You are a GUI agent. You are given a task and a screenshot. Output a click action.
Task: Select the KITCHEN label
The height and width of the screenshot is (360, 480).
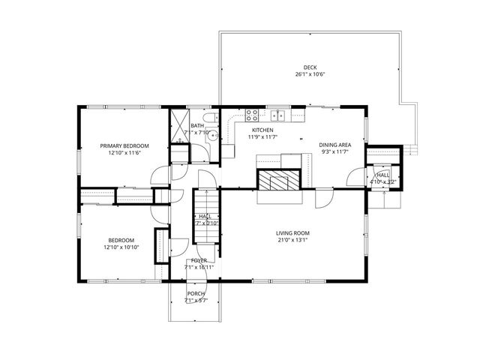[263, 129]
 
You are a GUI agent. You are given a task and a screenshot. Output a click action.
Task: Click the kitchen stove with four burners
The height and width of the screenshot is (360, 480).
[253, 115]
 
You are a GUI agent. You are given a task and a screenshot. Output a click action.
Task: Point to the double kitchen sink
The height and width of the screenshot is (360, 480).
[279, 115]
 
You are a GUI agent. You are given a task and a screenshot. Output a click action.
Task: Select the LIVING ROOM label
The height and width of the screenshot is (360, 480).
[292, 233]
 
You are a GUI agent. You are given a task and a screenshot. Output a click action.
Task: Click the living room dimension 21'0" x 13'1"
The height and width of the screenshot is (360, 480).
[292, 241]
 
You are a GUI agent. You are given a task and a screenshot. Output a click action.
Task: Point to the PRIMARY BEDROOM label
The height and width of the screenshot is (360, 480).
[124, 145]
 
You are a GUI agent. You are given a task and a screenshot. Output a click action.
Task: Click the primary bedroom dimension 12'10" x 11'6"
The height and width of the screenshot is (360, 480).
[124, 152]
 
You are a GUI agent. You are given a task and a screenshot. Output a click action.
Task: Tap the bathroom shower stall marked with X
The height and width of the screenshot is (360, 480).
[178, 124]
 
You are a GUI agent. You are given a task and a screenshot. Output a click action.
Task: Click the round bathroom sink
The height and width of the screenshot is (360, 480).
[212, 136]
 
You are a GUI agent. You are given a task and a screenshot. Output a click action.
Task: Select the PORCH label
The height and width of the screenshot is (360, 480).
[196, 293]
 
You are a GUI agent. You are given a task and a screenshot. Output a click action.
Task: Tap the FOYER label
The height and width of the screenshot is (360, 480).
[199, 260]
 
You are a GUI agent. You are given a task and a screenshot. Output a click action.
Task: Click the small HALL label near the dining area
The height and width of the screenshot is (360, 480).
[382, 174]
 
